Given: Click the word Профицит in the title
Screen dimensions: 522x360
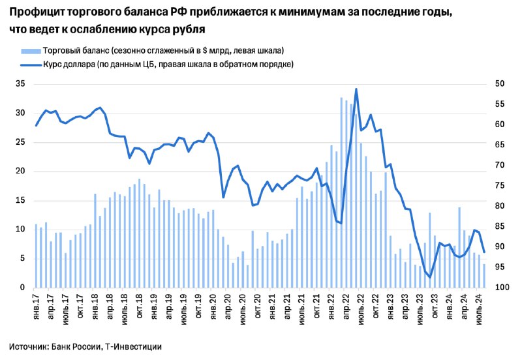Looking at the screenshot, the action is click(37, 12).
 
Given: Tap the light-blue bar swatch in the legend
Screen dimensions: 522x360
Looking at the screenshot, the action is click(31, 52).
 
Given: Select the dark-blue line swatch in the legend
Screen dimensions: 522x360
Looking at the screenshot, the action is click(31, 65).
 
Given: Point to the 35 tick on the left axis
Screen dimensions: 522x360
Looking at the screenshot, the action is click(21, 84).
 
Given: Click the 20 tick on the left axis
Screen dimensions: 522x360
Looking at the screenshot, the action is click(21, 171).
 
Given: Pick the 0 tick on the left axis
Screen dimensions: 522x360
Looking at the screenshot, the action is click(23, 287).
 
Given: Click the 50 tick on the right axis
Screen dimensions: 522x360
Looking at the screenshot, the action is click(500, 83).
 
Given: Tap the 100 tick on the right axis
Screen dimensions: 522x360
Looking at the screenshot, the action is click(502, 287).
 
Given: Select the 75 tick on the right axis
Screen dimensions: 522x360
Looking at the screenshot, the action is click(500, 185).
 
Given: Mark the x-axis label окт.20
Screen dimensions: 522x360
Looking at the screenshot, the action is click(258, 306).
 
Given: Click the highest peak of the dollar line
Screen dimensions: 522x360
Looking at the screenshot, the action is click(356, 89).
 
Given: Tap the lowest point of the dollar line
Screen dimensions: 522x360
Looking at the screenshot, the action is click(430, 277).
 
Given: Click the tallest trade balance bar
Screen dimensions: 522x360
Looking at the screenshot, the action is click(341, 192).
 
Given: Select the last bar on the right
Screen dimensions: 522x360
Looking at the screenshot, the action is click(484, 276).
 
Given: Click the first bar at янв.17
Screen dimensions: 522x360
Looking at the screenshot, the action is click(36, 256).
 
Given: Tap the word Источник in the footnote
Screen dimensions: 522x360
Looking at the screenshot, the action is click(29, 347).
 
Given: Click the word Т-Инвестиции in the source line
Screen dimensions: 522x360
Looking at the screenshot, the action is click(133, 347).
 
